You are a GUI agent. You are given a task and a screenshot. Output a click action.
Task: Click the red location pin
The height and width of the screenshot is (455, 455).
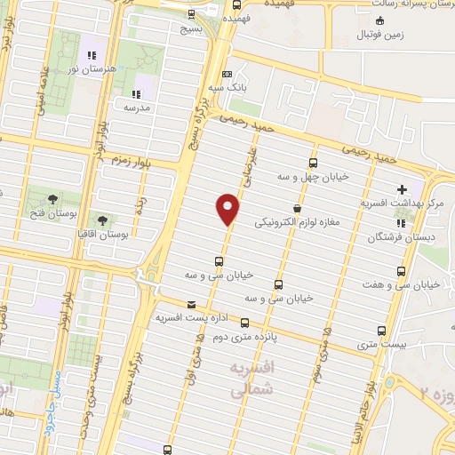click(229, 210)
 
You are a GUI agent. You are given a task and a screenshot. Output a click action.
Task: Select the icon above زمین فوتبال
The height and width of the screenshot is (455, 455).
click(380, 20)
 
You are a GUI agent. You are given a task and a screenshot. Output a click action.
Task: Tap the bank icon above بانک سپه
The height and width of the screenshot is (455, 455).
click(227, 75)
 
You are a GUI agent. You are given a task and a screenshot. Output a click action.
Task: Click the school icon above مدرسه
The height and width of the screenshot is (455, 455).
click(135, 93)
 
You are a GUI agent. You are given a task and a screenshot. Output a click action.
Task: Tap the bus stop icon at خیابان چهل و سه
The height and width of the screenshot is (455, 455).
click(312, 163)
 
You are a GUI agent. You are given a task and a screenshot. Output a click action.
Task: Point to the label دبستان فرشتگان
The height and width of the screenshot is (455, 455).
click(401, 237)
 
